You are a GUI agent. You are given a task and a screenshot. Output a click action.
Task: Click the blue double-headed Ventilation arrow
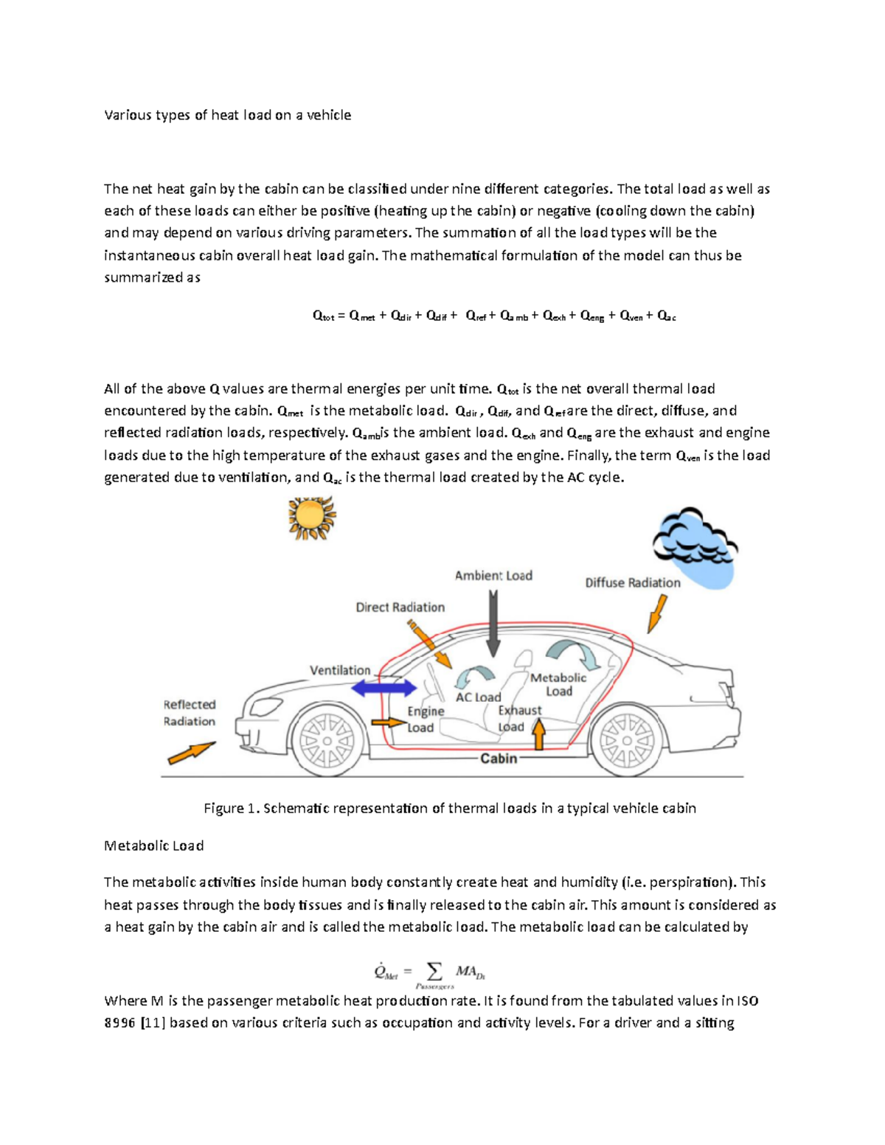pos(383,689)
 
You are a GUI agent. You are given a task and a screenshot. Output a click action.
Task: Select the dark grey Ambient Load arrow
pos(493,624)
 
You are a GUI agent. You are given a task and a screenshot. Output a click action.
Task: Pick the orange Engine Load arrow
pos(389,723)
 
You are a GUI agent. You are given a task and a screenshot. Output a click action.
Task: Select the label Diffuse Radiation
pos(633,582)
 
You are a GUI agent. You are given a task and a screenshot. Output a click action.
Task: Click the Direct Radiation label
pos(400,608)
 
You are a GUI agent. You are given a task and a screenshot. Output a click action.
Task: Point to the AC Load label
pos(478,697)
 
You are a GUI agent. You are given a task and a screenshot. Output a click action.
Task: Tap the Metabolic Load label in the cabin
pos(558,684)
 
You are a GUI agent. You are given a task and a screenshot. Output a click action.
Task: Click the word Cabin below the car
pos(499,758)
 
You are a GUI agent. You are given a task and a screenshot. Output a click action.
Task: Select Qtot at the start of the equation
pos(323,316)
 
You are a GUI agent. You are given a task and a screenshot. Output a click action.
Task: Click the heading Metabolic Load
pos(153,846)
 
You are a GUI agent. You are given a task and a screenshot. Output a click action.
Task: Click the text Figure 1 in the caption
pos(231,808)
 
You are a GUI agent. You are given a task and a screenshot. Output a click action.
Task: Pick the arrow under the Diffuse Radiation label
pos(656,614)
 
